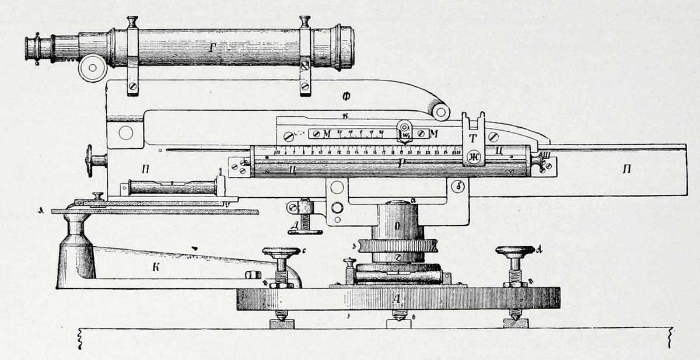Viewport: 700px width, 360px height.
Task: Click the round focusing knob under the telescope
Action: coord(92,68)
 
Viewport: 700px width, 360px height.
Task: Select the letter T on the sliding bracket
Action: coord(473,138)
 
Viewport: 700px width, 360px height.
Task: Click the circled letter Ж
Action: coord(474,156)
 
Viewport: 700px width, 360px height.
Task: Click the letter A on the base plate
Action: coord(397,299)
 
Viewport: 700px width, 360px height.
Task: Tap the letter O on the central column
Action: coord(397,225)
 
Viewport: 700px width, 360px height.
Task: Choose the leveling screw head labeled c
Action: coord(281,253)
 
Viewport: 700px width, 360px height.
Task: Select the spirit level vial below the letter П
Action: coord(172,188)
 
